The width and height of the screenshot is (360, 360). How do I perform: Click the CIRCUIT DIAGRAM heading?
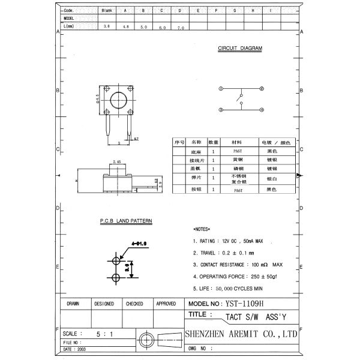click(x=239, y=49)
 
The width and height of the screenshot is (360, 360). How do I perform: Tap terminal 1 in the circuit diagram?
click(x=221, y=89)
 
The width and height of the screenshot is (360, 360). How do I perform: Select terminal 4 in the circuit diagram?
click(x=262, y=110)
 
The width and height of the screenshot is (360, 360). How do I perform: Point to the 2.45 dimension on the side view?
click(x=118, y=161)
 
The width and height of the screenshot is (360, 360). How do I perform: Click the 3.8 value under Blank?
click(x=107, y=27)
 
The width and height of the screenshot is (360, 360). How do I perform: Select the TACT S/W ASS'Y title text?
click(x=247, y=316)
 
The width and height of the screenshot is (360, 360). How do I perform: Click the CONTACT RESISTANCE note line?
click(x=238, y=264)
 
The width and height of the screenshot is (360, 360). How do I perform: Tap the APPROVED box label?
click(x=166, y=304)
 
